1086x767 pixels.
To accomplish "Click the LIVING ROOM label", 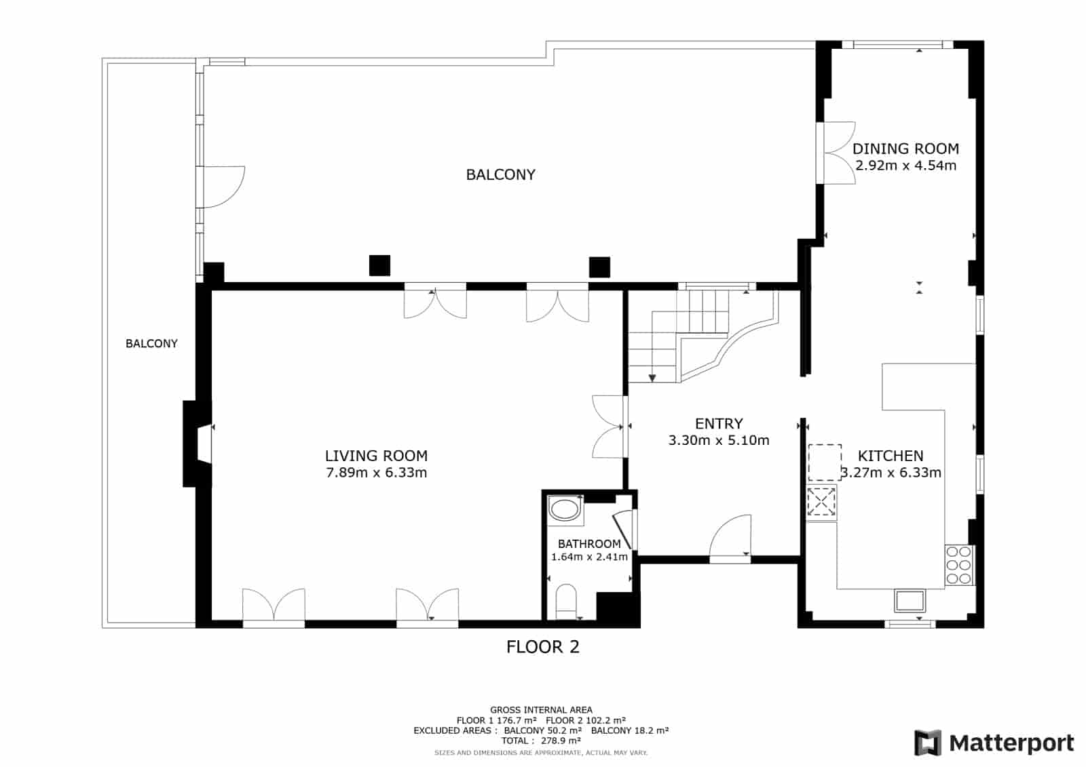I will tap(376, 456).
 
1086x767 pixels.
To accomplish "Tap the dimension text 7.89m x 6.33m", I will tap(376, 473).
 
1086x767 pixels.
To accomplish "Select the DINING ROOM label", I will tap(905, 149).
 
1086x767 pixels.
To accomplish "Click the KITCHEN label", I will tap(891, 456).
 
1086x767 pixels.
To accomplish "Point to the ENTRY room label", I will tap(719, 424).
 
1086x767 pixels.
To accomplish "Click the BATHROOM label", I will tap(589, 544).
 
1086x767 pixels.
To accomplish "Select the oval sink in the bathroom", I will tap(565, 509).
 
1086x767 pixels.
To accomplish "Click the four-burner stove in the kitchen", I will tap(959, 564).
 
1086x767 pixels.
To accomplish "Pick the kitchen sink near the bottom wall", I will tap(910, 601).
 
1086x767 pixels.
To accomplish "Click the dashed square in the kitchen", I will tap(825, 463).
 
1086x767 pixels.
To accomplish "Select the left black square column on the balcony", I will tap(379, 266).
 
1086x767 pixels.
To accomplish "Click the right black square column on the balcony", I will tap(599, 267).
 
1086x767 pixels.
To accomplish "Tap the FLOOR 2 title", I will tap(542, 647).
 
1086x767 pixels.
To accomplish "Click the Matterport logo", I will tap(994, 743).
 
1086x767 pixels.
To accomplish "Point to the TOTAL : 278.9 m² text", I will tap(541, 741).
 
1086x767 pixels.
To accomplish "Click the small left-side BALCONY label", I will tap(151, 344).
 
